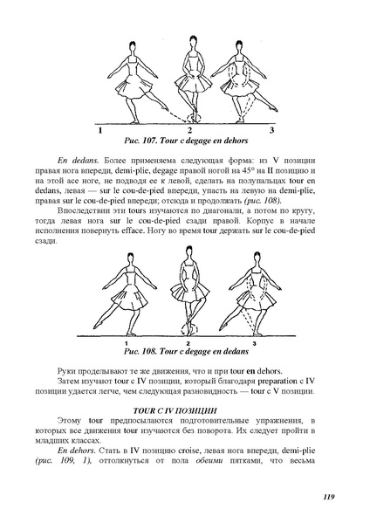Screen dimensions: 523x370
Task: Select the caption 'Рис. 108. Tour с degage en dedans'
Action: coord(185,350)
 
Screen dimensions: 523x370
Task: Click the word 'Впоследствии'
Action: coord(86,210)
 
